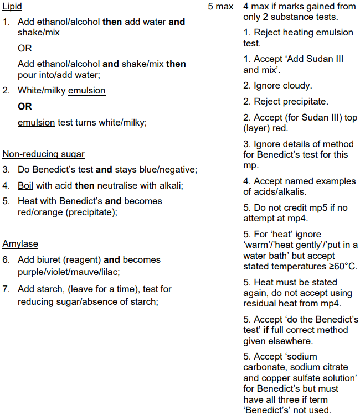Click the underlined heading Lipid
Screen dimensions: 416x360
point(13,7)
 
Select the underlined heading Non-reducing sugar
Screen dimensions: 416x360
point(44,154)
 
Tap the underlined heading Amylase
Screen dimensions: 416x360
point(20,244)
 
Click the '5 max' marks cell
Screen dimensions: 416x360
point(220,7)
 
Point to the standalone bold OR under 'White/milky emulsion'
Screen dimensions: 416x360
point(25,106)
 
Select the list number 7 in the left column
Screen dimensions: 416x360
point(6,289)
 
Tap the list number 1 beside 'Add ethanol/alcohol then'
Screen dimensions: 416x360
point(6,22)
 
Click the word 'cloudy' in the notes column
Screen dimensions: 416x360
point(297,86)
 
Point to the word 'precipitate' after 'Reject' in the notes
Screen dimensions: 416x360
point(304,102)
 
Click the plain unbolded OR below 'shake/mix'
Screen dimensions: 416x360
point(25,48)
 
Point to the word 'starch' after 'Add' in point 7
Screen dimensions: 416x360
point(50,289)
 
